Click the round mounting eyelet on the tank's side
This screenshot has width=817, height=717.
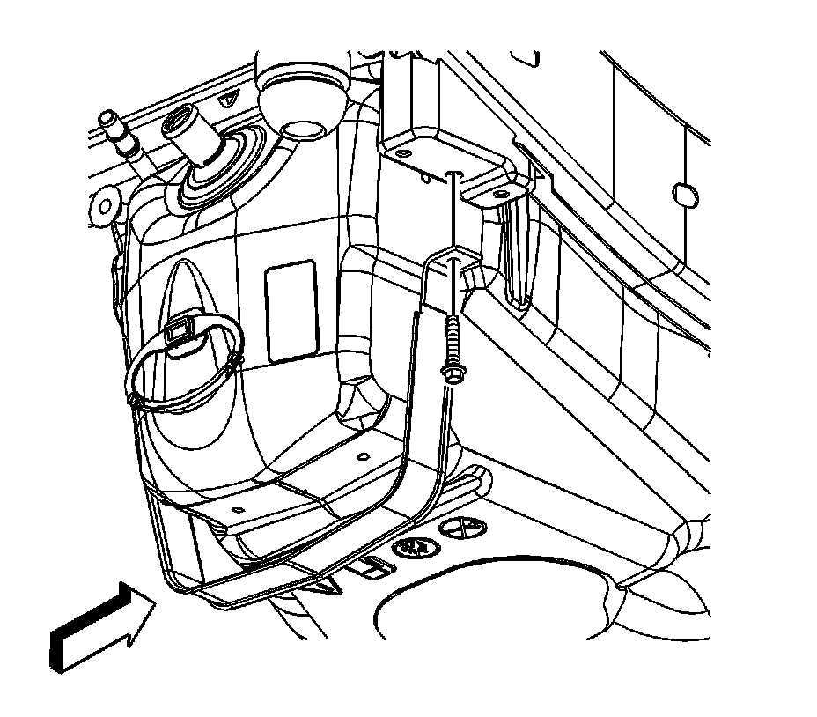coord(106,205)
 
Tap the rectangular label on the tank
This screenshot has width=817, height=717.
coord(291,309)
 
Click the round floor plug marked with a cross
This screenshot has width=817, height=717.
coord(462,529)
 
